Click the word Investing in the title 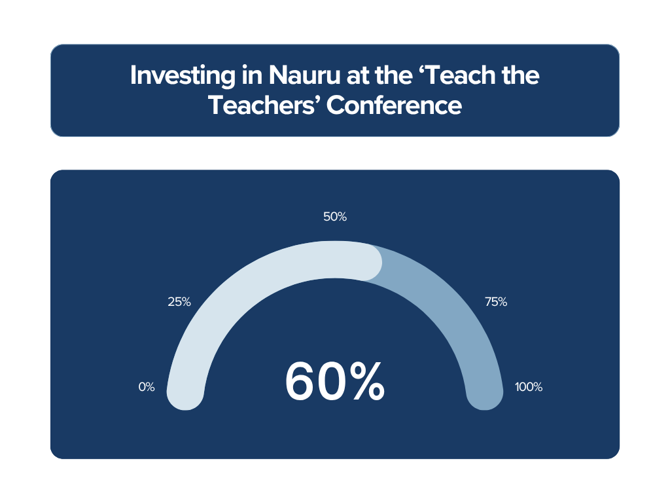coord(183,76)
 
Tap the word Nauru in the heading coord(304,75)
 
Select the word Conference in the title coord(394,105)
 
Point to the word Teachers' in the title coord(264,105)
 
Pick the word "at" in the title coord(357,76)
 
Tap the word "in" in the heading coord(252,75)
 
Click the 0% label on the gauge coord(147,387)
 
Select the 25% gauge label coord(179,302)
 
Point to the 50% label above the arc coord(335,217)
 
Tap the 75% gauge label coord(496,302)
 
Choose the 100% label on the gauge coord(529,387)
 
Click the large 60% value coord(335,381)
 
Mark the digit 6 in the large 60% coord(301,381)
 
